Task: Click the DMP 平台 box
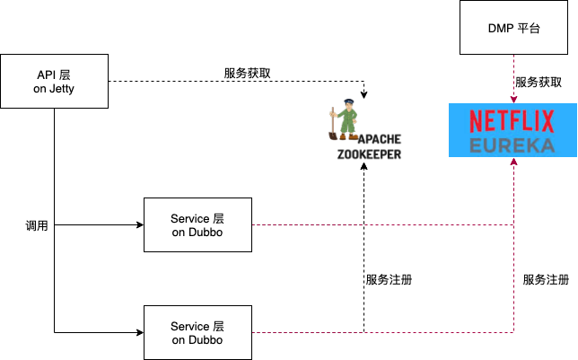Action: point(512,29)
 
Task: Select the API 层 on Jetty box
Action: point(54,83)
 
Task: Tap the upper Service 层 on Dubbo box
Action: point(197,224)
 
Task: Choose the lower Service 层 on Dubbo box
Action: point(197,332)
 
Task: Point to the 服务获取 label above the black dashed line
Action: point(249,72)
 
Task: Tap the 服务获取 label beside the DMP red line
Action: point(539,82)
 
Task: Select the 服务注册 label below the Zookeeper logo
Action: point(389,279)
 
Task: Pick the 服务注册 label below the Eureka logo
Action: point(546,279)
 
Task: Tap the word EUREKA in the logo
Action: point(512,145)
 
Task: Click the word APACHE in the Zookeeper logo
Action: point(379,139)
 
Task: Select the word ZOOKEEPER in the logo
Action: point(369,154)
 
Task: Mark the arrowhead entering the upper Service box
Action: point(139,224)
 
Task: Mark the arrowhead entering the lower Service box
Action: point(139,332)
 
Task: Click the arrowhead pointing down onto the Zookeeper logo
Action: point(363,94)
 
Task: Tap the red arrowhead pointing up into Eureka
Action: point(512,163)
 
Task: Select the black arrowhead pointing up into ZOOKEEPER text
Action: point(363,165)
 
